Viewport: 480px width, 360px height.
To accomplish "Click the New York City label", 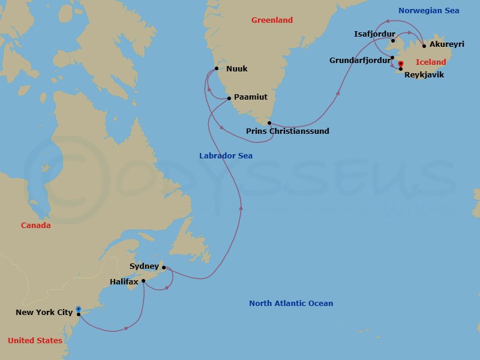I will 44,313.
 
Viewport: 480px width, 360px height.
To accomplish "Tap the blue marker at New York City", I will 79,310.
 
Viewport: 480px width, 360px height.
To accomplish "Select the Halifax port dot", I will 143,280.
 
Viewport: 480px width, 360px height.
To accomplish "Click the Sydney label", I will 144,266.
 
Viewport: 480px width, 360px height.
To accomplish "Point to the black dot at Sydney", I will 164,268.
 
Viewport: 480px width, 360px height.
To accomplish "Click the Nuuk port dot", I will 215,68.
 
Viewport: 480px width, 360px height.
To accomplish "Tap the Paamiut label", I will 251,97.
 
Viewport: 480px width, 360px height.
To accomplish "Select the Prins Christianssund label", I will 287,131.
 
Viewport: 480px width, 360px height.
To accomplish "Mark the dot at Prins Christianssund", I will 269,123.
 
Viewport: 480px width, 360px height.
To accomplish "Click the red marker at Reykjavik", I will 400,64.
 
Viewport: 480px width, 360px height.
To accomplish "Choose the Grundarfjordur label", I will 359,61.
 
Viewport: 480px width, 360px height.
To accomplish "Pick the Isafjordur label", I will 373,34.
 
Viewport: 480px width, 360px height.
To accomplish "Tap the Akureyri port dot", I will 424,46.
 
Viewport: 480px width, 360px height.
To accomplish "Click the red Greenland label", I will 272,20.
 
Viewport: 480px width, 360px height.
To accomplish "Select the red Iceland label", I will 431,62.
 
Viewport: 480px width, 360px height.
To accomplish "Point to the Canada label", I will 36,226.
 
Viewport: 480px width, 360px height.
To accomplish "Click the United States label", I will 35,341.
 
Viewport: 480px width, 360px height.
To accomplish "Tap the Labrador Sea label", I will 226,156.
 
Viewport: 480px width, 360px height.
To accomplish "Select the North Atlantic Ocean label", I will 291,304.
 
